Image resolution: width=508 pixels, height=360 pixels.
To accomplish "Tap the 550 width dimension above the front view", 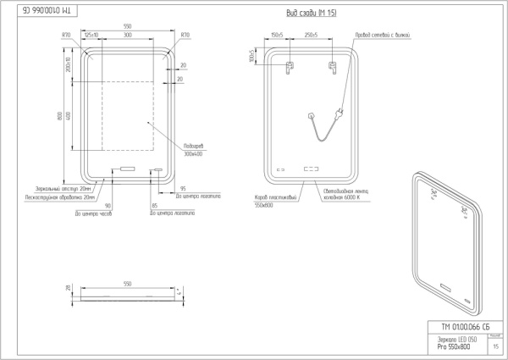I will coord(127,25).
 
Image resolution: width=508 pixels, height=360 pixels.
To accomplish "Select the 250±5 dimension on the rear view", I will coord(310,36).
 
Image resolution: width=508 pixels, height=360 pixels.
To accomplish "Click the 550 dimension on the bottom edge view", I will coord(127,283).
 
